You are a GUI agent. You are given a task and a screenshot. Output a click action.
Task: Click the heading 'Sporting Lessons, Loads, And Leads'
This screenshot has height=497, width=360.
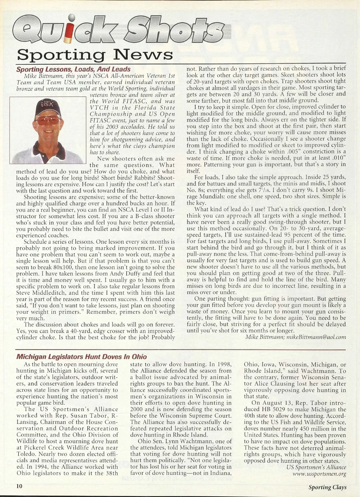click(73, 69)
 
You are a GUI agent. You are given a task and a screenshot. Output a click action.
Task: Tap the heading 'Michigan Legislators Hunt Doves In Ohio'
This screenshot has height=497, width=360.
click(81, 357)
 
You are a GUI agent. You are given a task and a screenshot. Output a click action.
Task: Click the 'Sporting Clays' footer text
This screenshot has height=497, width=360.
click(327, 487)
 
